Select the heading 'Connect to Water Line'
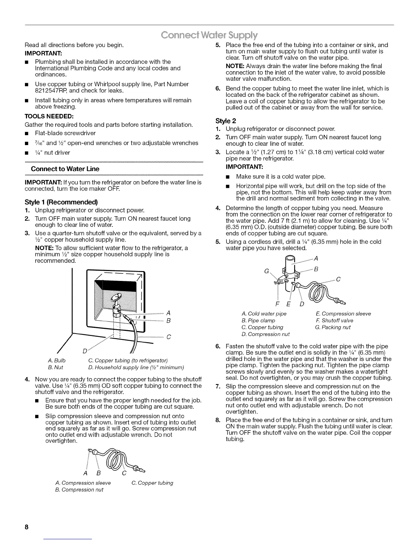tap(65, 169)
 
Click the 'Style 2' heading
tap(226, 121)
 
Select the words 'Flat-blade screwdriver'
tap(65, 133)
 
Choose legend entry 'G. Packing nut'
tap(333, 327)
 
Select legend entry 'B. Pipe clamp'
tap(258, 321)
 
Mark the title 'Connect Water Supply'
tap(209, 35)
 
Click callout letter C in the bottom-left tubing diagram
tap(124, 474)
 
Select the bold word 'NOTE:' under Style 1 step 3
tap(43, 248)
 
